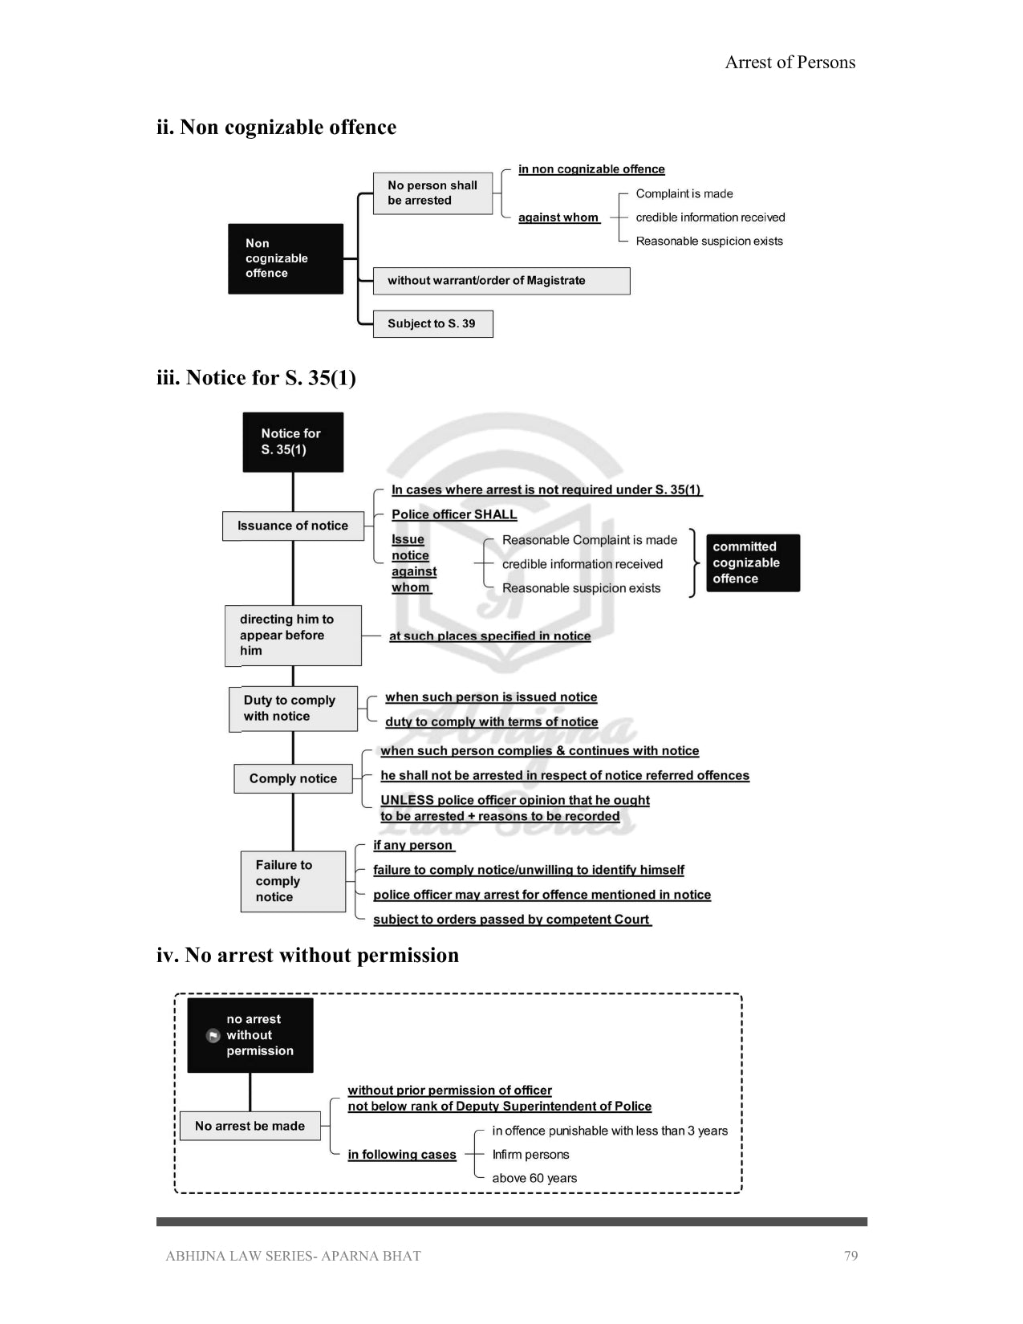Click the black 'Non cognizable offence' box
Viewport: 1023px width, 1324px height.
(x=286, y=258)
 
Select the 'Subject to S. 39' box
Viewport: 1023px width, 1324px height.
(x=432, y=324)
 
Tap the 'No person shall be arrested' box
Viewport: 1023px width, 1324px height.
(x=432, y=193)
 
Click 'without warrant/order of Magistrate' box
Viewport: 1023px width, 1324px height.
(x=501, y=281)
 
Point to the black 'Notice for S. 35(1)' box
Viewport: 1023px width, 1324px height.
(x=293, y=442)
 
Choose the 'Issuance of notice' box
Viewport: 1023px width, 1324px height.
(x=293, y=526)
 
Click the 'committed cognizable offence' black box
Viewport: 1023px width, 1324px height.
(x=753, y=562)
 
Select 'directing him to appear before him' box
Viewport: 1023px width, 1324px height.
(x=293, y=636)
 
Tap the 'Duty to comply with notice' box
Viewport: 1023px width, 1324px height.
(x=293, y=709)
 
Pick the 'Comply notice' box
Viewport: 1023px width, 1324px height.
(x=293, y=778)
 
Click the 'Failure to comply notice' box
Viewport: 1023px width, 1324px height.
(x=293, y=881)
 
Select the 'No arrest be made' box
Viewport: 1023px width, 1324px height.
(x=250, y=1126)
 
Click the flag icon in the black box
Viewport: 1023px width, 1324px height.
(x=213, y=1035)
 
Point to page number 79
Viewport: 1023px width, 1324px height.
(x=850, y=1256)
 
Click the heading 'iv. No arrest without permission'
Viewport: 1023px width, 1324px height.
(x=307, y=955)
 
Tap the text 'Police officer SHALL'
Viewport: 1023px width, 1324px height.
(x=454, y=514)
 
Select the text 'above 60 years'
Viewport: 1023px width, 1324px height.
(x=534, y=1178)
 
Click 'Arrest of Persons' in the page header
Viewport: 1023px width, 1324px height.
(x=790, y=63)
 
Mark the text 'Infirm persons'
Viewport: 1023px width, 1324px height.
(x=530, y=1155)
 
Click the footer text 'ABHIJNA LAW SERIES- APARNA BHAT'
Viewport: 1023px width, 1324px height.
(x=293, y=1256)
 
